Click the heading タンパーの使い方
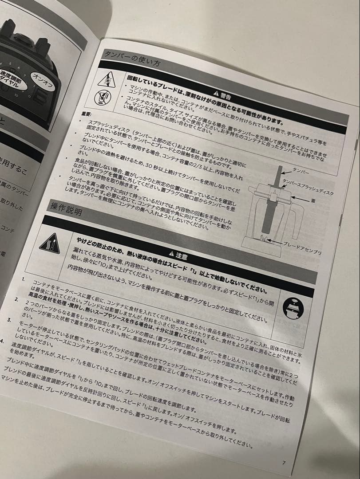[130, 59]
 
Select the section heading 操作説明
[67, 209]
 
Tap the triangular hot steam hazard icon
[49, 243]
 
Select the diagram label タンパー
[301, 170]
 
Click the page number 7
[284, 463]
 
